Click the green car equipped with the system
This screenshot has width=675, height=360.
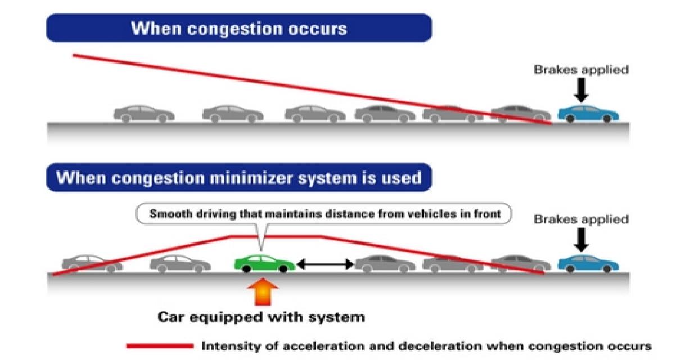click(x=264, y=263)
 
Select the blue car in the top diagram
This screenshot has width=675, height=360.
click(x=588, y=112)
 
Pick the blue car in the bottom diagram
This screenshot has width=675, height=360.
click(x=588, y=263)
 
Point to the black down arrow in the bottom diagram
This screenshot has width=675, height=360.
click(x=582, y=240)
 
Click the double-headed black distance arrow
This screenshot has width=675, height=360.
click(x=325, y=263)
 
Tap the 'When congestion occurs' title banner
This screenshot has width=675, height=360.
click(x=238, y=28)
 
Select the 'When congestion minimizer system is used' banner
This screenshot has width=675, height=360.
click(x=238, y=178)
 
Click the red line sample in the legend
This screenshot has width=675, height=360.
click(x=159, y=346)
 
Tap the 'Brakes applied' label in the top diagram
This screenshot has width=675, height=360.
click(x=580, y=70)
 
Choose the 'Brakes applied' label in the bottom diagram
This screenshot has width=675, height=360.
click(x=580, y=219)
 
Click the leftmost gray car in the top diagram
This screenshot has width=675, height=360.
click(x=144, y=113)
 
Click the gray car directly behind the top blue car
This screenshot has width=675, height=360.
click(x=520, y=112)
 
